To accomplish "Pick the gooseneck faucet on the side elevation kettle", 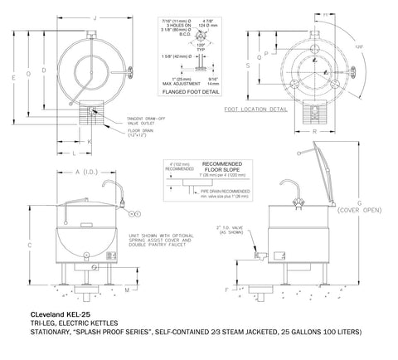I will pyautogui.click(x=296, y=196).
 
